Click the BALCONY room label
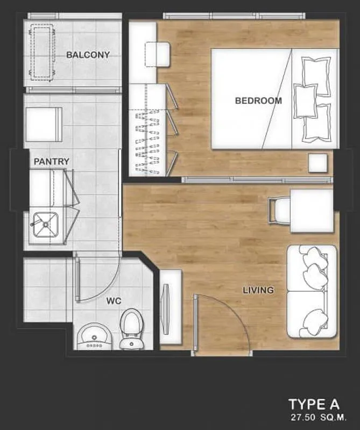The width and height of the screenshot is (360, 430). [x=88, y=55]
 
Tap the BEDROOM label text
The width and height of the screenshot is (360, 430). [x=258, y=101]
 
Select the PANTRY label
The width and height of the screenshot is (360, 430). [x=51, y=162]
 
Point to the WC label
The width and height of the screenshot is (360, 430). [x=114, y=301]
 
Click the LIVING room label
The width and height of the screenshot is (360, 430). [x=258, y=290]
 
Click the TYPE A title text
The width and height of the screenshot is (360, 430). [x=314, y=405]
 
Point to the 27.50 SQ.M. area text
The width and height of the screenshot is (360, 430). [x=319, y=418]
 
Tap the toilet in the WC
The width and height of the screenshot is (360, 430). [x=131, y=329]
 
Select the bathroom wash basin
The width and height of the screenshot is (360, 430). [x=94, y=337]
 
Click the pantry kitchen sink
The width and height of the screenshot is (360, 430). [x=46, y=225]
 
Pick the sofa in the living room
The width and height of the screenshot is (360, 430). [x=312, y=291]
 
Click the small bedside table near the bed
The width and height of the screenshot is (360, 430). [x=317, y=163]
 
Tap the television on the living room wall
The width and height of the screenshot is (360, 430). [x=166, y=309]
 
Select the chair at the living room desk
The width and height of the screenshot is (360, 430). [x=279, y=211]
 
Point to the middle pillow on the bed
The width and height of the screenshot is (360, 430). [x=305, y=101]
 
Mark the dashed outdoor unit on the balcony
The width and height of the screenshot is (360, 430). [x=41, y=52]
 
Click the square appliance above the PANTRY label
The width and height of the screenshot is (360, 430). [x=44, y=125]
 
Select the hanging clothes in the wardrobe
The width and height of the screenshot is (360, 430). [x=147, y=142]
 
